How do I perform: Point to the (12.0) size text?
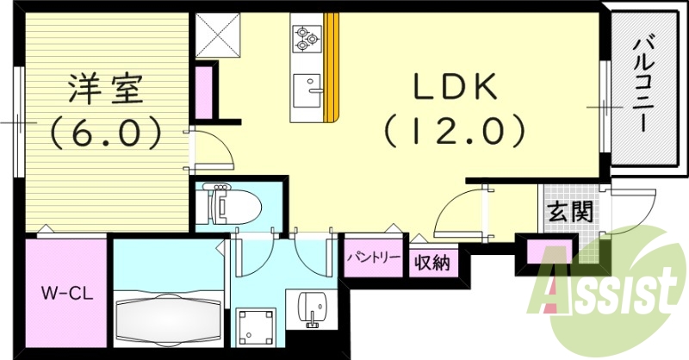[454, 131]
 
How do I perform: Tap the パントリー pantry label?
[374, 258]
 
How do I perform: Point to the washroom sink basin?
[313, 306]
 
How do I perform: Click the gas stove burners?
[306, 36]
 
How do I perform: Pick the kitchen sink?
[306, 88]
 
